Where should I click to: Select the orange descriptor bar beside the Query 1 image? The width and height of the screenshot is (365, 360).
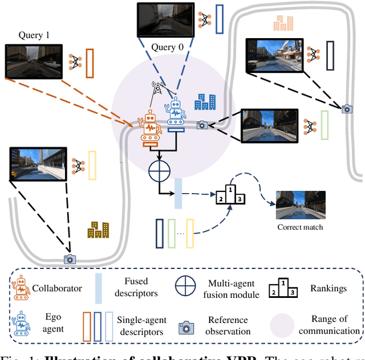click(x=89, y=63)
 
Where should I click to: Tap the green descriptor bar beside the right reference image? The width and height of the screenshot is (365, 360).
click(x=325, y=125)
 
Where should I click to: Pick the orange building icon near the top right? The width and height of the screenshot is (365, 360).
click(x=283, y=23)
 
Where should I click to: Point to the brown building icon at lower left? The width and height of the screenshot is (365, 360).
click(x=98, y=229)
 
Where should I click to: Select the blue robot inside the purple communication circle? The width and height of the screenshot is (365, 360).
click(x=176, y=114)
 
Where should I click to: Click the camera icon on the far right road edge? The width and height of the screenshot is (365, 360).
click(x=346, y=109)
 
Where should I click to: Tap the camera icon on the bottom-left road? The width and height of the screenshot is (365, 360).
click(x=70, y=259)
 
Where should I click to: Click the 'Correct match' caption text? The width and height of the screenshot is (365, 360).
click(x=300, y=227)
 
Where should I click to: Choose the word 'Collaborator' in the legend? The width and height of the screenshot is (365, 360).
click(x=57, y=288)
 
